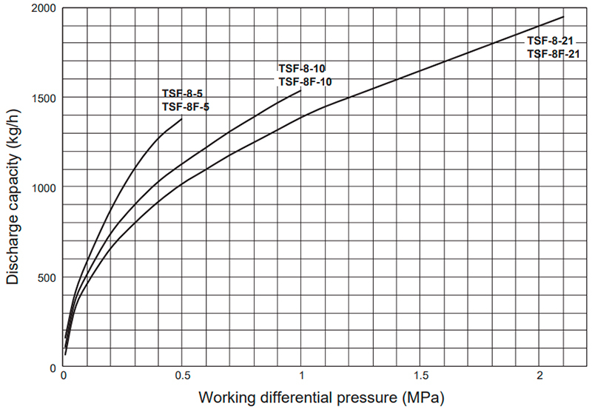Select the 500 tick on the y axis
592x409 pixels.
coord(50,278)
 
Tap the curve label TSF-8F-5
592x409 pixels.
coord(185,107)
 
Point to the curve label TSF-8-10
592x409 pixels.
coord(302,68)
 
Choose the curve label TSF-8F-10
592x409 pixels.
coord(305,81)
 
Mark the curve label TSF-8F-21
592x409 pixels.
coord(553,54)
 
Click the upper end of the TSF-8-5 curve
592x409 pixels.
coord(182,118)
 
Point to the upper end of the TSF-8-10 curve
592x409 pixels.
coord(301,90)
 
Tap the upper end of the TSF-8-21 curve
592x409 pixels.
coord(564,16)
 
